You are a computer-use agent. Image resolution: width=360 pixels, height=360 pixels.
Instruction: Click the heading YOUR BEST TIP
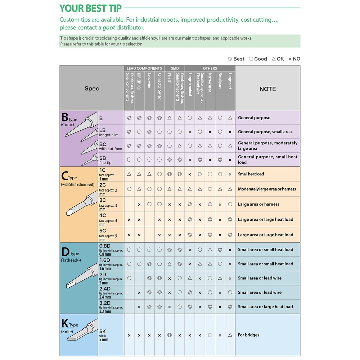(90, 8)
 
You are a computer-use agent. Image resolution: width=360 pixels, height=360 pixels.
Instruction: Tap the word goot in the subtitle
(109, 28)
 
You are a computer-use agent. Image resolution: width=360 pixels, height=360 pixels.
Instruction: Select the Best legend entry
(236, 59)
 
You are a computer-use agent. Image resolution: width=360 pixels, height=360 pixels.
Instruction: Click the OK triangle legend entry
(278, 59)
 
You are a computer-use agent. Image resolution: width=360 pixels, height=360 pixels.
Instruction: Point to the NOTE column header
(268, 89)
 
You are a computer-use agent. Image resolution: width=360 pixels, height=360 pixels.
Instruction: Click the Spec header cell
(92, 89)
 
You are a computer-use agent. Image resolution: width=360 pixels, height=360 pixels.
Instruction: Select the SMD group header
(175, 68)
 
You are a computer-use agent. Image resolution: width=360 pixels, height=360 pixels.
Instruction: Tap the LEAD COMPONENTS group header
(144, 68)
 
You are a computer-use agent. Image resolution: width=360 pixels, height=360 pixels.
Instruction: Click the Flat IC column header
(169, 78)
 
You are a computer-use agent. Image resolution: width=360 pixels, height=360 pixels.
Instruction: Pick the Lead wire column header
(149, 80)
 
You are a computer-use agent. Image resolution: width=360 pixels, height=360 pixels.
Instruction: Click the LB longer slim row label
(109, 132)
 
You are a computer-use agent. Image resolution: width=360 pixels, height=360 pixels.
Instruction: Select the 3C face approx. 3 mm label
(108, 204)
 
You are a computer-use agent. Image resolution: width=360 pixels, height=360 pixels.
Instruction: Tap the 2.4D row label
(111, 292)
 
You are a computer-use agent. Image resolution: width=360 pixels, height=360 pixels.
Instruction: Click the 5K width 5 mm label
(104, 335)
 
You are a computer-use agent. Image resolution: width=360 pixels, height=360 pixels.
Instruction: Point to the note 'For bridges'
(248, 335)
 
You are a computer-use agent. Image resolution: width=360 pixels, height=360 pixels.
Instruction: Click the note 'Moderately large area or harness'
(267, 189)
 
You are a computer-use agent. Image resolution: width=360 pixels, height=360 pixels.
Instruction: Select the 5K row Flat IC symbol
(170, 335)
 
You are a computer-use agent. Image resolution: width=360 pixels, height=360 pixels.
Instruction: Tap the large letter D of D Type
(66, 252)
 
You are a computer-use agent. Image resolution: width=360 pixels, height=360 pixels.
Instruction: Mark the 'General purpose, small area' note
(265, 132)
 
